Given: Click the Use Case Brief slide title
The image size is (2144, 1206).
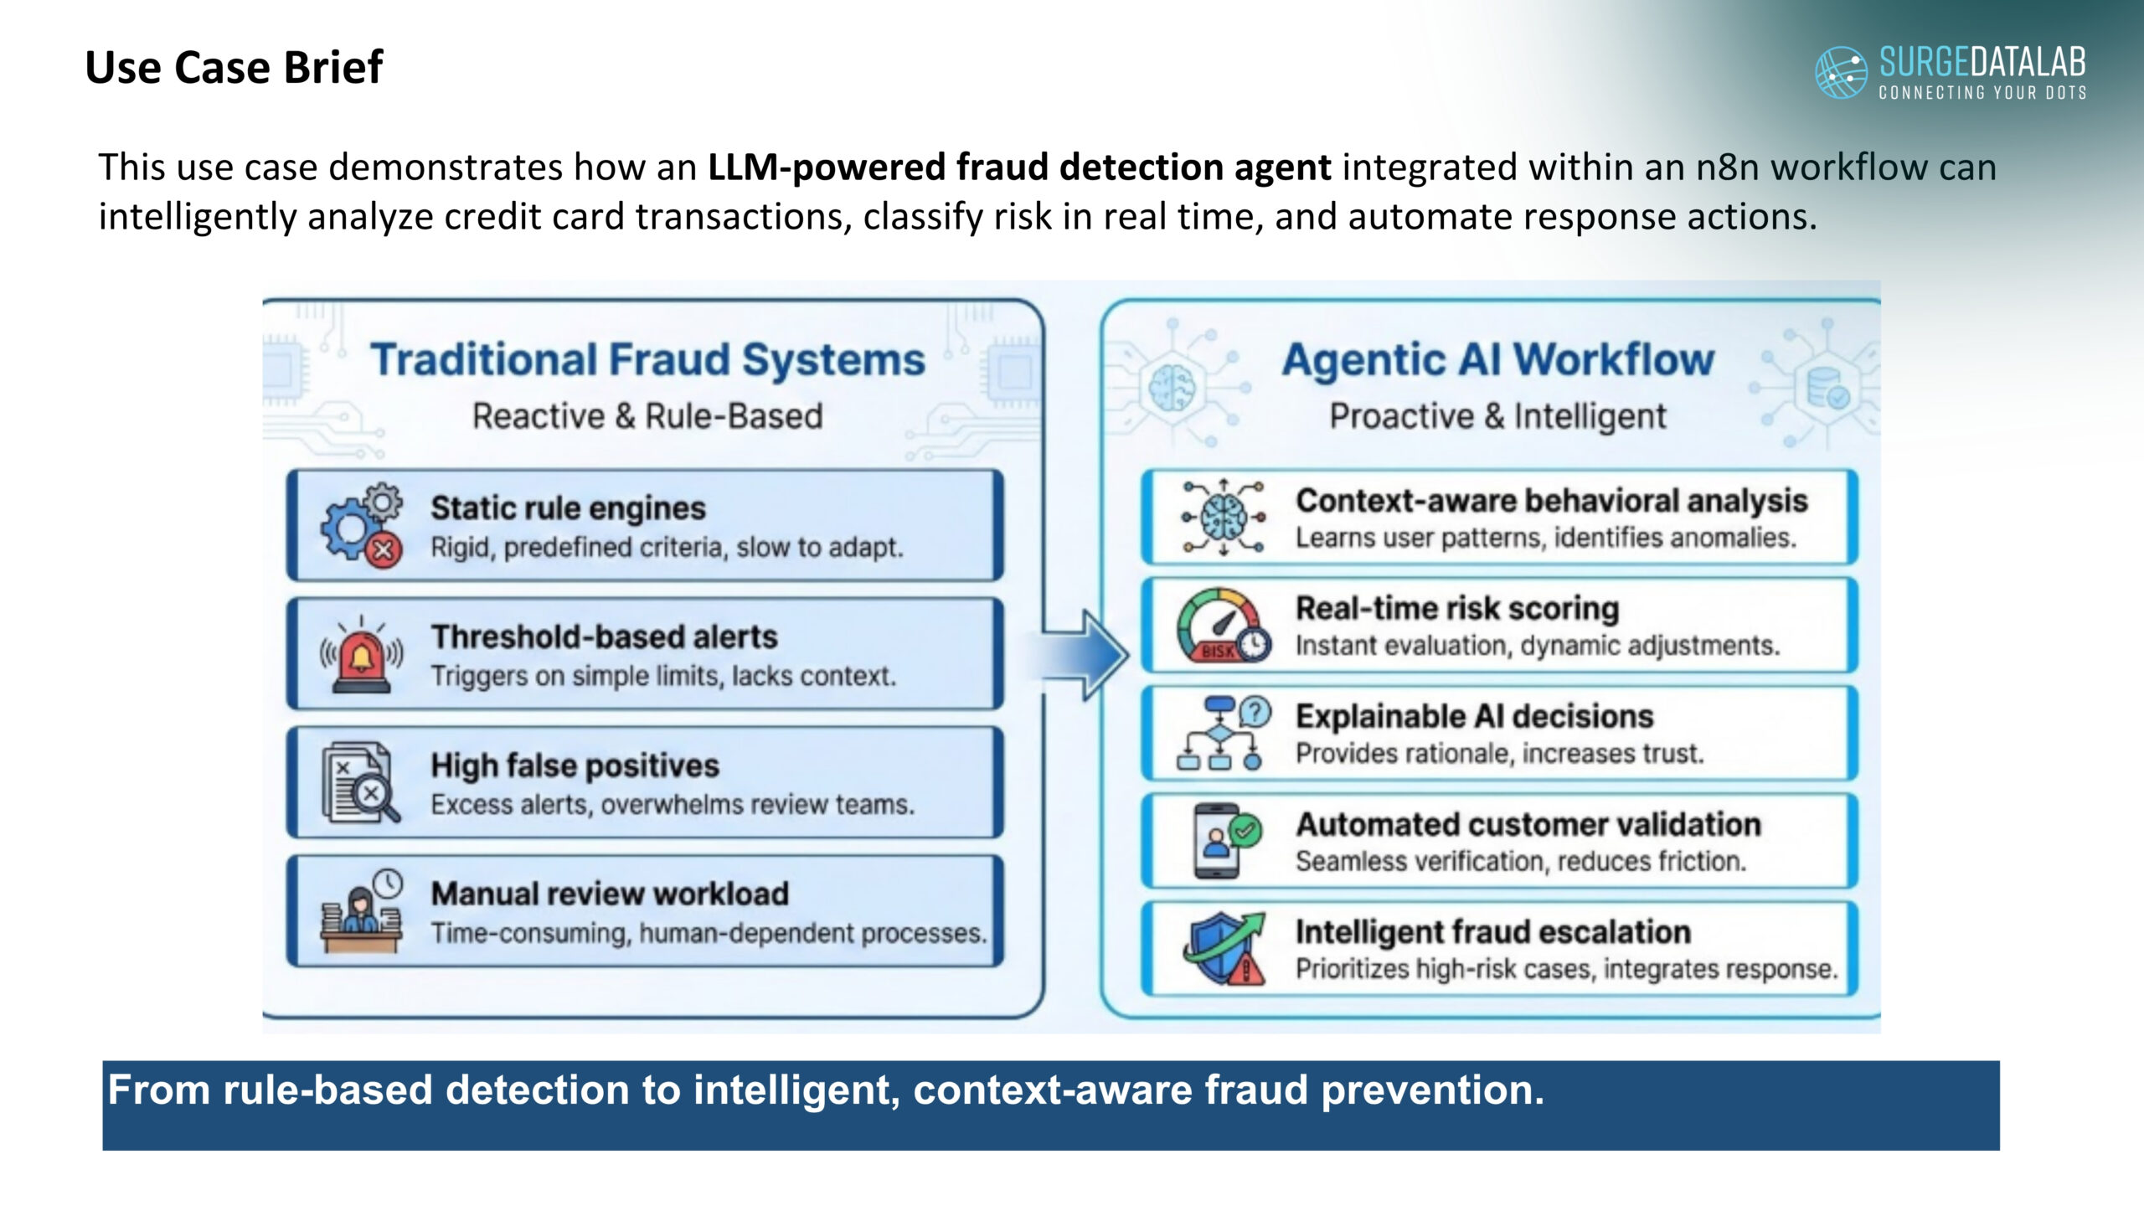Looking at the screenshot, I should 234,67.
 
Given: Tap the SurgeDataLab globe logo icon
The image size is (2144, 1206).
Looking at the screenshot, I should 1840,72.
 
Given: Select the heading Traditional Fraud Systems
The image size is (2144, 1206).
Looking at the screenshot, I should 647,360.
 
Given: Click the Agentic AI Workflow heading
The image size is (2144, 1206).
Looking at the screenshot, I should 1498,360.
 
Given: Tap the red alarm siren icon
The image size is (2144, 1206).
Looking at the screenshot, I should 361,656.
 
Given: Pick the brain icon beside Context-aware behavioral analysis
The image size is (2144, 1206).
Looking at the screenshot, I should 1223,518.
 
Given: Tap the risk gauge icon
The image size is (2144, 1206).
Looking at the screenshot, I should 1223,626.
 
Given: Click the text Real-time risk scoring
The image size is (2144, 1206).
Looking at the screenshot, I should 1457,608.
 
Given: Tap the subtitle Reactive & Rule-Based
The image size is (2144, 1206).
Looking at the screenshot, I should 647,416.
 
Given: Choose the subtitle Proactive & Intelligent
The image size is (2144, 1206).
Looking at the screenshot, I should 1498,416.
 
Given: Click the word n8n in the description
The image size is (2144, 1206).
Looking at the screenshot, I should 1727,167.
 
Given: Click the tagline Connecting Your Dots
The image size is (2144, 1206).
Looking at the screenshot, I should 1982,92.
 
